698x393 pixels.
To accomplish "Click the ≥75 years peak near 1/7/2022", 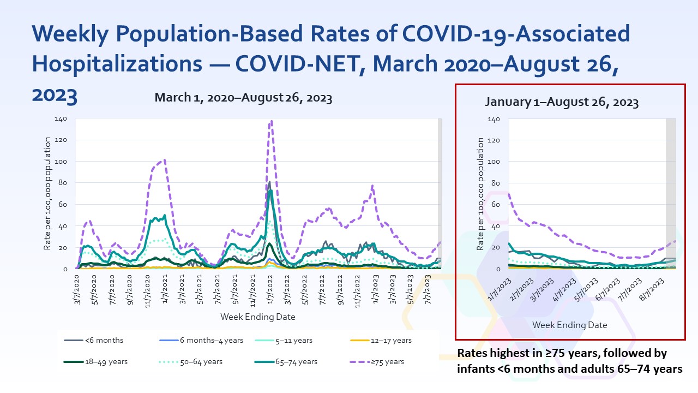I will click(271, 121).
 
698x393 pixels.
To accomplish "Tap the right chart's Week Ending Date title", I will click(569, 325).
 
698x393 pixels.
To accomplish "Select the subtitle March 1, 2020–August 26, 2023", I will click(243, 98).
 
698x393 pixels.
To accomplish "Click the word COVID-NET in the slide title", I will click(286, 63).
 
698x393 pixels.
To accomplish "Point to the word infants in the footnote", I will click(473, 369).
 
